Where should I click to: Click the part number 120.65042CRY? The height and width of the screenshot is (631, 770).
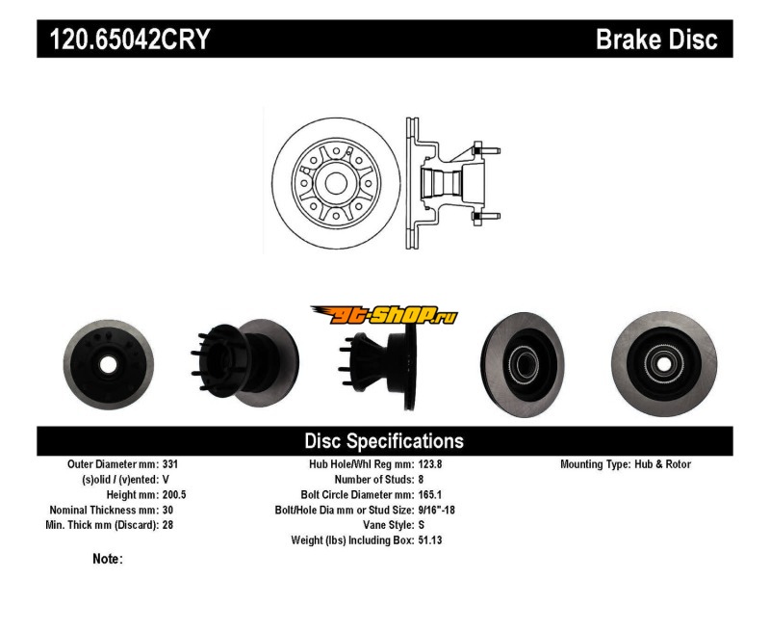pos(130,39)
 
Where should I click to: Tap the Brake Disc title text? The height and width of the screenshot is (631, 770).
pos(656,39)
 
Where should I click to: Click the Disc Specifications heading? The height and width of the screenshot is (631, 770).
pos(384,441)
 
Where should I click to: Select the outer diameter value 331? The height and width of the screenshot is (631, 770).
pos(170,464)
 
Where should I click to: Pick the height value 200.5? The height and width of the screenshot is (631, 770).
pos(174,494)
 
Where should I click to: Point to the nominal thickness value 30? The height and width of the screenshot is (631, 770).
pos(167,510)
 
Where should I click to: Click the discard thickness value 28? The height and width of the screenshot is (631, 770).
pos(167,524)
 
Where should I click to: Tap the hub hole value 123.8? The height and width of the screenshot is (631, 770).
pos(430,464)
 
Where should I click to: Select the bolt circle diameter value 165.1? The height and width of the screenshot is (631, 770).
pos(430,494)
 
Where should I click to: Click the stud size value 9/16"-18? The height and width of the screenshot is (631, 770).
pos(437,510)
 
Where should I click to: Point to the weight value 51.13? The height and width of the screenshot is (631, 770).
pos(430,540)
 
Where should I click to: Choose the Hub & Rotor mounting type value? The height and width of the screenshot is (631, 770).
pos(662,464)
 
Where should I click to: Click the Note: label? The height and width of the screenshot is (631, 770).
pos(108,559)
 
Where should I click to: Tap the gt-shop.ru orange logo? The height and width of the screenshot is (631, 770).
pos(384,315)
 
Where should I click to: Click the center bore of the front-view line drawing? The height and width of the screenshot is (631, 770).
pos(336,183)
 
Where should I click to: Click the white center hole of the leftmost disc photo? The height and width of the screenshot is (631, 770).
pos(108,365)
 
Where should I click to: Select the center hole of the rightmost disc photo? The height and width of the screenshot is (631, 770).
pos(663,364)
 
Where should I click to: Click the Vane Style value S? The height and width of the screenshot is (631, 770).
pos(422,524)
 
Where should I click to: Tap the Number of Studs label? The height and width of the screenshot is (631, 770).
pos(373,479)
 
